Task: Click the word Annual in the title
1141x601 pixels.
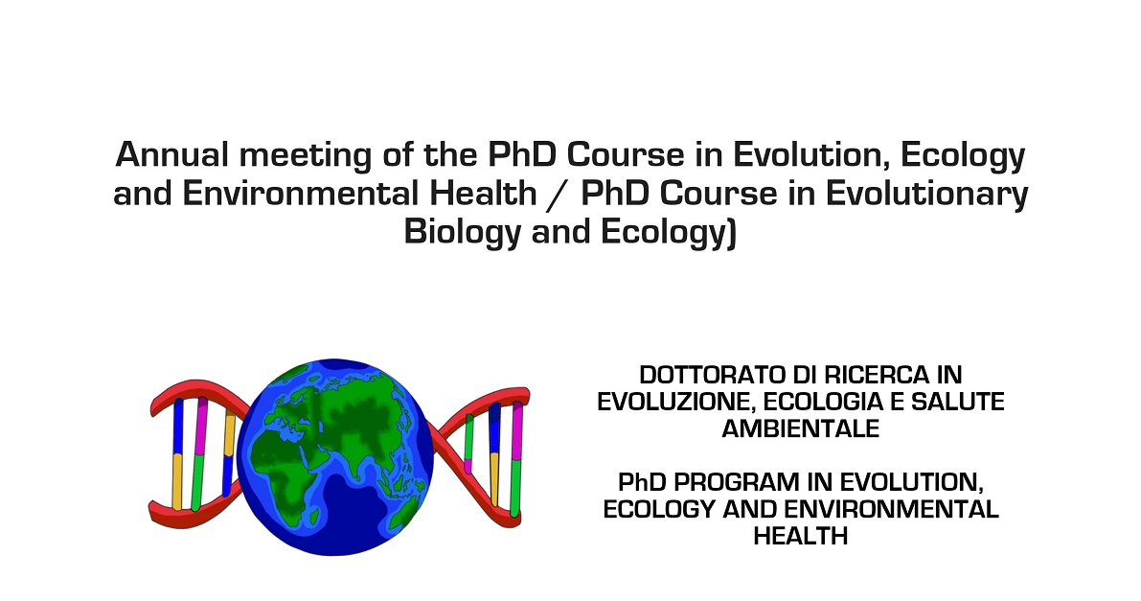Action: click(x=171, y=155)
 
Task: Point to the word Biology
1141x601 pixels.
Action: click(x=463, y=232)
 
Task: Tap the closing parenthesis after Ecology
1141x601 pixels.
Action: click(x=731, y=233)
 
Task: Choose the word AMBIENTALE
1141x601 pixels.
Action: click(x=801, y=428)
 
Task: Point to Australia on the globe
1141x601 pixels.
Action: click(x=410, y=509)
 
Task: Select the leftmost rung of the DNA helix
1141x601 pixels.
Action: click(x=177, y=453)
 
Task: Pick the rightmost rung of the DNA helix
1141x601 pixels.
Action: click(x=516, y=460)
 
